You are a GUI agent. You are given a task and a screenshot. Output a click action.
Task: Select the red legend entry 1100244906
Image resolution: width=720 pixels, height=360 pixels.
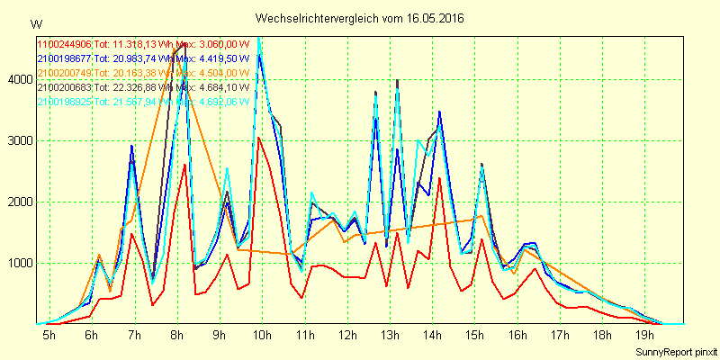[64, 43]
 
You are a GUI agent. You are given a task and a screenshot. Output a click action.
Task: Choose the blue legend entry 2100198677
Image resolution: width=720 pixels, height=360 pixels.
[64, 58]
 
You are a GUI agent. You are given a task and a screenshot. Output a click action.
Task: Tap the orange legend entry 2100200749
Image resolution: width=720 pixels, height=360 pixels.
[64, 73]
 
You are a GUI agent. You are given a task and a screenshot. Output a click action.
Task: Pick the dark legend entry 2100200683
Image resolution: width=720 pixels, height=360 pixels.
[64, 87]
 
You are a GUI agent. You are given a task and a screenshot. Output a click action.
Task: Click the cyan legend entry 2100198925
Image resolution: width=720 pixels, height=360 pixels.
[64, 103]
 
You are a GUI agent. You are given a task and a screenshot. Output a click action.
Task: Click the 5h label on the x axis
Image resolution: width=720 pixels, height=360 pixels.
[49, 336]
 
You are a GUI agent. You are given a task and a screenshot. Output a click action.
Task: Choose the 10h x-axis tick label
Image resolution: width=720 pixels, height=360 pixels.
[261, 336]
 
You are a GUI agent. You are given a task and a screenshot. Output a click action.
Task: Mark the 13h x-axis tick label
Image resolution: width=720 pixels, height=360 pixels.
[390, 336]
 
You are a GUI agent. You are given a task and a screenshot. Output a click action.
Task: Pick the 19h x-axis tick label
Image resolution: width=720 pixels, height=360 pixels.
[645, 336]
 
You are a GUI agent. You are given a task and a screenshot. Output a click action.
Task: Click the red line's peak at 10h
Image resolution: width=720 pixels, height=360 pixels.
[257, 138]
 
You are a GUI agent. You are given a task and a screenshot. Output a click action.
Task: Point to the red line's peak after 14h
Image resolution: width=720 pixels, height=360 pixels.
[439, 178]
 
